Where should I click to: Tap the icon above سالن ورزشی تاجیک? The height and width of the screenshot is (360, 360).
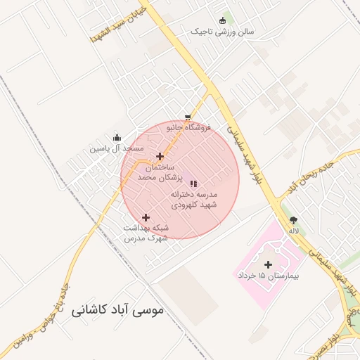(x=224, y=20)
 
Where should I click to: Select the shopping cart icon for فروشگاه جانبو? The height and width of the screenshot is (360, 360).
(x=187, y=117)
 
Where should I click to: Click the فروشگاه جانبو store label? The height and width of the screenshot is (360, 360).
(x=188, y=128)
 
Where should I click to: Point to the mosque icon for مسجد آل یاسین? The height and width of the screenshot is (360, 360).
(x=117, y=138)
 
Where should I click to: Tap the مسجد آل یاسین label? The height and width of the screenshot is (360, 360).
(x=116, y=149)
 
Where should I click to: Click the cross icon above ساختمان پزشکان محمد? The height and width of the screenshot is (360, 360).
(x=160, y=156)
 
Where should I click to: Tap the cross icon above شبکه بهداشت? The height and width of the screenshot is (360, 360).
(x=146, y=217)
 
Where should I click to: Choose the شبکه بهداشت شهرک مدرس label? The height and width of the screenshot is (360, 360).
(x=146, y=233)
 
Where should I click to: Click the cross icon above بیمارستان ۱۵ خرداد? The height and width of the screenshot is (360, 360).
(x=268, y=264)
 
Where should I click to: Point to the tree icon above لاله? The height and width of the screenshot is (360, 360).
(x=293, y=219)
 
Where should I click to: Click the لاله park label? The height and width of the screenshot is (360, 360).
(x=293, y=230)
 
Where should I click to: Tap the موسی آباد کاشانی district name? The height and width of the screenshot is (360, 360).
(x=117, y=309)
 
